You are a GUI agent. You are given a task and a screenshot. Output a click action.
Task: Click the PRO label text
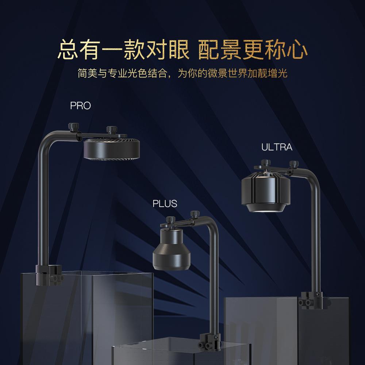point(80,106)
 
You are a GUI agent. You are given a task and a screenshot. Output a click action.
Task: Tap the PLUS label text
point(165,204)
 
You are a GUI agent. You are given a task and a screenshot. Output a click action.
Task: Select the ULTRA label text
point(277,147)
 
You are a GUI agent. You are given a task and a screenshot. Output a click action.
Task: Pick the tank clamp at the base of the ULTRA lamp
point(311,299)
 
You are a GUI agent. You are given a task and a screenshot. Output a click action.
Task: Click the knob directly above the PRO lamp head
point(111,130)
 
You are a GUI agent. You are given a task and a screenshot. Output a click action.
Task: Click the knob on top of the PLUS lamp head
point(169,220)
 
